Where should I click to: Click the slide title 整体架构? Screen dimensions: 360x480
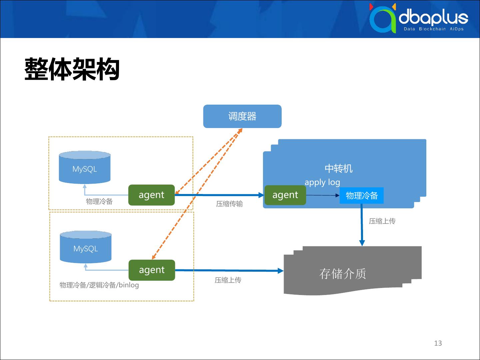click(x=72, y=70)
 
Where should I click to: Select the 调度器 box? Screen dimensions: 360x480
click(x=242, y=116)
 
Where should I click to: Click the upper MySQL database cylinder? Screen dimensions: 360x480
click(x=85, y=168)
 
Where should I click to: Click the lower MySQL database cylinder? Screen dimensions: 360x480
click(x=86, y=247)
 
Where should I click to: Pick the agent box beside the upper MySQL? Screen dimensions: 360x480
click(x=151, y=195)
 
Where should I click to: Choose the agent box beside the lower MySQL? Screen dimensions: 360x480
click(x=152, y=270)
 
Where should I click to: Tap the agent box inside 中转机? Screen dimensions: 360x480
click(x=285, y=195)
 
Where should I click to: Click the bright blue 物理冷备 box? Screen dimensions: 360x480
click(x=362, y=195)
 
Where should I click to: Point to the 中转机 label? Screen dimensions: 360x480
click(x=338, y=169)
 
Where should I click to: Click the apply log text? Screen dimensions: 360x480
click(x=322, y=182)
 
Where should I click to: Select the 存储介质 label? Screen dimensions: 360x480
click(x=343, y=274)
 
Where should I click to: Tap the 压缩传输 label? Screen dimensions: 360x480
click(x=229, y=204)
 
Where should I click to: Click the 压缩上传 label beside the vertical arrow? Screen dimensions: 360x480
click(x=382, y=221)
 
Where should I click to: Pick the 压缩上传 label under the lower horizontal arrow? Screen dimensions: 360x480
click(x=228, y=280)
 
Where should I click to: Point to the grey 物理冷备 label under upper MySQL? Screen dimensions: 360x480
click(x=99, y=202)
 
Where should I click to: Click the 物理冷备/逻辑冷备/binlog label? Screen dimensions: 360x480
click(x=99, y=285)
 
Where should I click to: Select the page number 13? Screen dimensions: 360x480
click(x=438, y=343)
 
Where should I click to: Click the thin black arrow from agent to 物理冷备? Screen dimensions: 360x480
click(x=322, y=195)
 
